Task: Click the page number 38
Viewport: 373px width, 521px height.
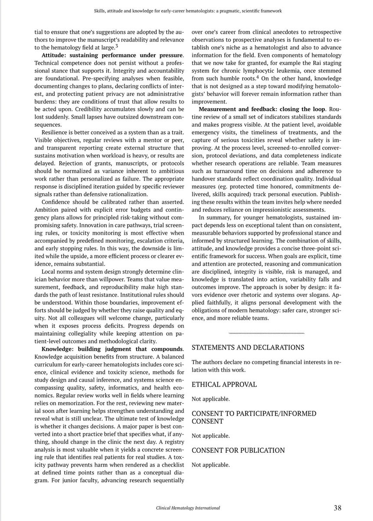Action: pyautogui.click(x=337, y=508)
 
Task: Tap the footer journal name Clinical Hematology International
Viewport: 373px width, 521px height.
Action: pyautogui.click(x=188, y=508)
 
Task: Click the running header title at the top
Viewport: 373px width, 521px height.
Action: pyautogui.click(x=188, y=10)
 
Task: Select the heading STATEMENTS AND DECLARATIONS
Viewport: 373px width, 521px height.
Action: pyautogui.click(x=248, y=348)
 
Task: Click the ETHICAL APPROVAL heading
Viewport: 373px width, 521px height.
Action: pyautogui.click(x=224, y=384)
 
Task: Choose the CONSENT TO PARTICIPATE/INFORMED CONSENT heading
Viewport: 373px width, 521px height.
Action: pyautogui.click(x=254, y=417)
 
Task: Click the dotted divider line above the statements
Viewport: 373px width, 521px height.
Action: pyautogui.click(x=266, y=333)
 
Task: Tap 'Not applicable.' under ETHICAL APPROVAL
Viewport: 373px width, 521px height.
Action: pyautogui.click(x=210, y=399)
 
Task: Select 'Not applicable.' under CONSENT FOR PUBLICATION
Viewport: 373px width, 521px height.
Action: pyautogui.click(x=210, y=465)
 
